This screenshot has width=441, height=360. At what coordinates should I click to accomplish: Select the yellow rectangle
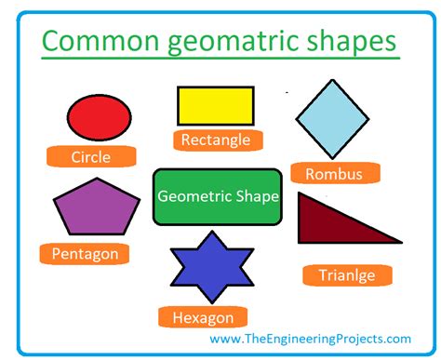click(x=216, y=105)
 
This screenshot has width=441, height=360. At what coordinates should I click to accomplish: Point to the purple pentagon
click(x=90, y=207)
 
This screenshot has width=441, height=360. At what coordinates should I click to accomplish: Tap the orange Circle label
click(x=90, y=157)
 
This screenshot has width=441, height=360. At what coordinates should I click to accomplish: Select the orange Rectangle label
click(x=215, y=140)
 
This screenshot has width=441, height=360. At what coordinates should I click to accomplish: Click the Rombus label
click(x=333, y=173)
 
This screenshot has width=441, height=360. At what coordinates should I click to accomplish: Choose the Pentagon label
click(x=85, y=253)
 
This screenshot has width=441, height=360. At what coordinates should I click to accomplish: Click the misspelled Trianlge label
click(x=345, y=274)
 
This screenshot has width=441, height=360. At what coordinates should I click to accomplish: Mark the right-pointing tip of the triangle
click(x=400, y=242)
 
